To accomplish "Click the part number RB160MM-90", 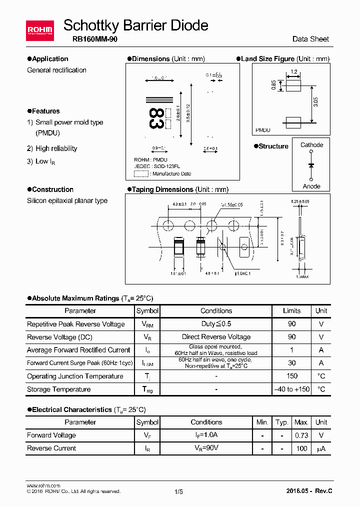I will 90,39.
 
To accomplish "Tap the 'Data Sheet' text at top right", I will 310,39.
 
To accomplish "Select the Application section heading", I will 47,58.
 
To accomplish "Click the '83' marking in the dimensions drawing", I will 155,118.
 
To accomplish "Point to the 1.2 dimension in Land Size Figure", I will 293,72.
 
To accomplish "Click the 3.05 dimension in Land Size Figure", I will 315,102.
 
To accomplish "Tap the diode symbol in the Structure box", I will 311,165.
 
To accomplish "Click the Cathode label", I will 311,145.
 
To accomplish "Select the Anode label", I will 311,186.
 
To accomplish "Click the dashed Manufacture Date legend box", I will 141,174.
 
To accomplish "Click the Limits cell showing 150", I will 292,376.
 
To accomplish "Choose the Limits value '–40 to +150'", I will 292,389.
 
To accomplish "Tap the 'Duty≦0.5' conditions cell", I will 216,324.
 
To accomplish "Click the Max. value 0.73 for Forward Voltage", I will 301,435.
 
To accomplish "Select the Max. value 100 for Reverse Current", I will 301,448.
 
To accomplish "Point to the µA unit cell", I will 321,448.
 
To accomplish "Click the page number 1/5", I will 179,491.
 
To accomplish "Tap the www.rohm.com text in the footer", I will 43,485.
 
